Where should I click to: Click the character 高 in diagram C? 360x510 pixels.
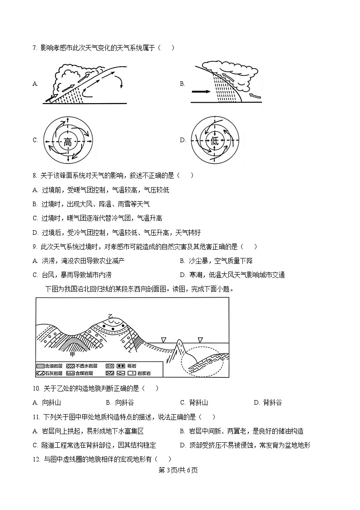point(68,141)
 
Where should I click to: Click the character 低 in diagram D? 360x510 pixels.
point(215,141)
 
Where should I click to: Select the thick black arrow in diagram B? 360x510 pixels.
point(201,92)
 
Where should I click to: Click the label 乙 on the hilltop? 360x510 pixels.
point(110,316)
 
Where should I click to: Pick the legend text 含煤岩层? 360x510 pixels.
point(84,373)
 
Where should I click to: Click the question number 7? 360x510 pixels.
point(35,48)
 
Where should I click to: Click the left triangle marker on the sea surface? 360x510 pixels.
point(164,339)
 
